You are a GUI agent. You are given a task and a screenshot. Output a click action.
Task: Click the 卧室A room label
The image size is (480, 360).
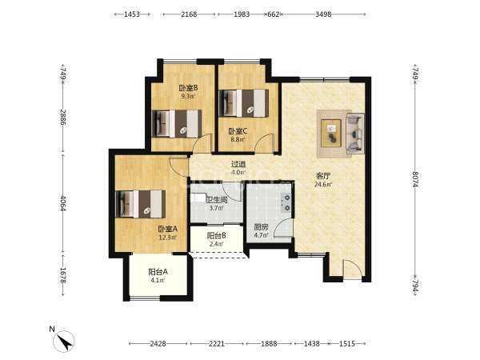tap(167, 229)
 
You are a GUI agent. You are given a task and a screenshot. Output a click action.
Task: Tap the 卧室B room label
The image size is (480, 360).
tap(188, 88)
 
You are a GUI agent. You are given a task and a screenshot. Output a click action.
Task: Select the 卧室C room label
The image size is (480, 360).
tap(238, 132)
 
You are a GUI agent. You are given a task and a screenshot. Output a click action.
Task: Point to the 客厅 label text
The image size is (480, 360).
tap(323, 176)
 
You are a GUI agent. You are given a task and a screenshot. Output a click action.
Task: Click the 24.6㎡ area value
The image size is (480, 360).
tap(323, 185)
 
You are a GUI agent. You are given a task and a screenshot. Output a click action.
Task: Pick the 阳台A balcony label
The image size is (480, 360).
tap(158, 271)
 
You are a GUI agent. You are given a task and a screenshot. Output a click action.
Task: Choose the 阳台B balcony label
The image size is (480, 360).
tap(217, 236)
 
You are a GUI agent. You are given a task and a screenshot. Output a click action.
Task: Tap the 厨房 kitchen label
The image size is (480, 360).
tap(261, 227)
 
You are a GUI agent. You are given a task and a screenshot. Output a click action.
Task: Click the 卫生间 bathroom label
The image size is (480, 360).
tap(217, 200)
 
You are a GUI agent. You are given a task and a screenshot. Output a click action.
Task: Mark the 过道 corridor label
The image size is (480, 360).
tap(238, 164)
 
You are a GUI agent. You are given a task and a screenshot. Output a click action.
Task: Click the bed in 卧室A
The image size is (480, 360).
tap(141, 204)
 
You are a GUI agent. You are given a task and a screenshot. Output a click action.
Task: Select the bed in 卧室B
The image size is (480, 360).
tap(177, 124)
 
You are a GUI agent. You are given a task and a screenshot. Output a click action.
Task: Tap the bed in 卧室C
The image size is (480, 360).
tap(244, 103)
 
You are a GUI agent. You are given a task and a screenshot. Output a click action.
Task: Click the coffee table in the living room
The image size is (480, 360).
tap(331, 133)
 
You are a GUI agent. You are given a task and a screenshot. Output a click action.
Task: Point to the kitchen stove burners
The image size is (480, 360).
tap(287, 203)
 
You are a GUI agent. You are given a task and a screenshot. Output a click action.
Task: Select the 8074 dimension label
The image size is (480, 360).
tap(415, 179)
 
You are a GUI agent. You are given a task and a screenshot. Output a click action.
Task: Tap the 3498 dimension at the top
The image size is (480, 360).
tap(323, 14)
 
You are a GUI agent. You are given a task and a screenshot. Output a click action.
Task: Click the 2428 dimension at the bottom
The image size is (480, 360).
tap(158, 344)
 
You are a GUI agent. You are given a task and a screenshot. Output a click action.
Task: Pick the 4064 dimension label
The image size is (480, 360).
tap(63, 203)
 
